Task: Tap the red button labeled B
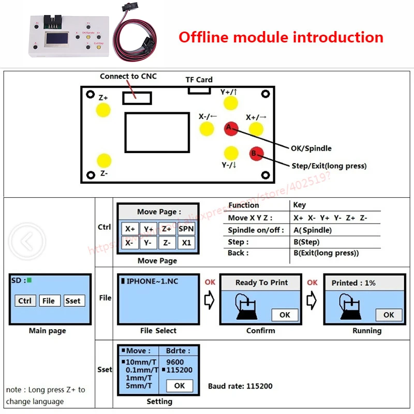tap(256, 153)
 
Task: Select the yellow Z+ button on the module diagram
tap(103, 109)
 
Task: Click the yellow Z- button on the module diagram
tap(103, 160)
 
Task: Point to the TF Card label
tap(199, 80)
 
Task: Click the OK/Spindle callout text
tap(311, 149)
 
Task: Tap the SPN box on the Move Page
tap(186, 228)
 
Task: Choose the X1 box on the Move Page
tap(186, 242)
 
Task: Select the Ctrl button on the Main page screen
tap(25, 301)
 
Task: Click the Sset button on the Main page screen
tap(73, 301)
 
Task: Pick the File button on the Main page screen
tap(49, 301)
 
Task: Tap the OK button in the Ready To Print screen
tap(285, 315)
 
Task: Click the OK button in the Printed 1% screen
tap(389, 315)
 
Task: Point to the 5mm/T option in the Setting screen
tap(139, 386)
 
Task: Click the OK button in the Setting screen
tap(179, 386)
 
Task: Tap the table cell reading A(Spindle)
tap(313, 230)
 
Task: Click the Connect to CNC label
tap(128, 77)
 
